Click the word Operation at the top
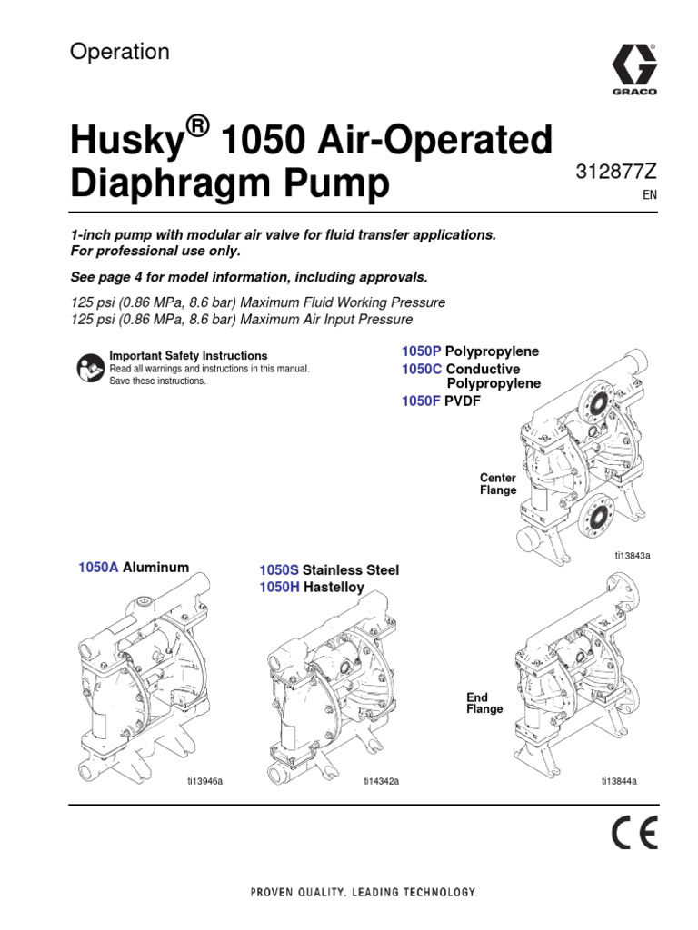point(120,53)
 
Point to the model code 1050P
point(421,351)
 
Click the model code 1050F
point(421,401)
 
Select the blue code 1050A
point(98,568)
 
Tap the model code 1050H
point(279,588)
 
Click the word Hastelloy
point(334,588)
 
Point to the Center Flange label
point(498,484)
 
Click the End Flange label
point(484,703)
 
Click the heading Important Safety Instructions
point(188,356)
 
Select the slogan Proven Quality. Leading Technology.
point(364,893)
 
